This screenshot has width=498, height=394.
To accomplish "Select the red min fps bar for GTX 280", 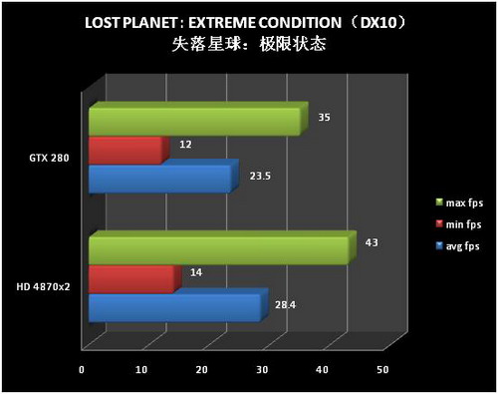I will coord(124,150).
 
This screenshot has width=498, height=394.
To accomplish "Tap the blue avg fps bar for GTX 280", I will coord(159,179).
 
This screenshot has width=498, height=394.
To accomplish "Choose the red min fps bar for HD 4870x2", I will coord(130,278).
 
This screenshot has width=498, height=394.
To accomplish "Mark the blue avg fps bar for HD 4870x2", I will coord(174,307).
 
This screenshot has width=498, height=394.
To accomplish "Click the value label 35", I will coord(325,117).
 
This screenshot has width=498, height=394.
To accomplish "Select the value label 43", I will coord(373,242).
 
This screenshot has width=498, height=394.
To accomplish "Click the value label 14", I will coord(195,271).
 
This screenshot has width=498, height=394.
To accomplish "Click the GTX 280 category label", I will coord(50,157).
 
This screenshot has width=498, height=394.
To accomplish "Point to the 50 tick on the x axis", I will coord(382,370).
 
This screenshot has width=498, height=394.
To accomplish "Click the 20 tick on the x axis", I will coord(202,370).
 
